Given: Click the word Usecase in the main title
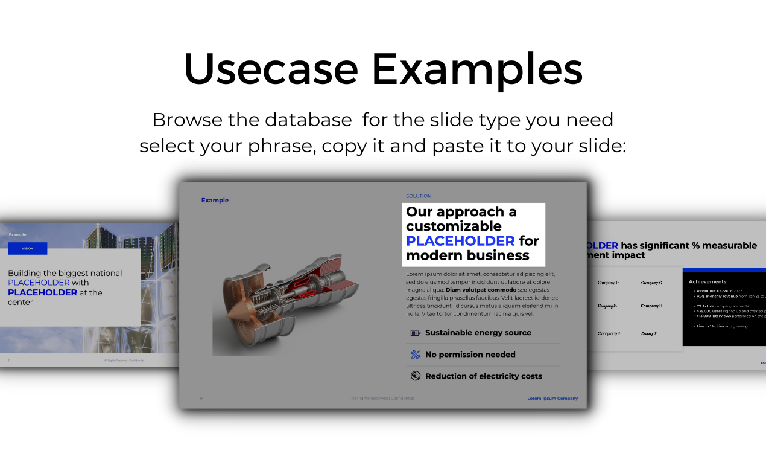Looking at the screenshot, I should pos(271,68).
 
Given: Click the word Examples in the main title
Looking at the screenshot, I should pos(476,68).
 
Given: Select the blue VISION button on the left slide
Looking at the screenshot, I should pos(27,248).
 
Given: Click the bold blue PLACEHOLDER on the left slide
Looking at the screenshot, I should pos(42,292).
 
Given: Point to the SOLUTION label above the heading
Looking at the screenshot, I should pos(419,196).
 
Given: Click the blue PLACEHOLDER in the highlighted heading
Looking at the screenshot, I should pos(460,241).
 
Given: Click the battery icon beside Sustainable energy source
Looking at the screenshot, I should pos(416,333).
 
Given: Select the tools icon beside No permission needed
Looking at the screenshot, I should pos(416,355).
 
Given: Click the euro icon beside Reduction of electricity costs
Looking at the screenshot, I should pos(416,376).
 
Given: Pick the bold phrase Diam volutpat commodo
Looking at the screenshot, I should pos(481,290).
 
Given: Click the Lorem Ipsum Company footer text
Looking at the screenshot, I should pos(552,399).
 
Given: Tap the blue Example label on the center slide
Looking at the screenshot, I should pos(215,201).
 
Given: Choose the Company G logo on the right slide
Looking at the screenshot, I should pos(651,283).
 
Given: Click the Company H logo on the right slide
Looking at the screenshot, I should pos(651,306).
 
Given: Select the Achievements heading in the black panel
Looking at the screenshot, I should pos(707,281).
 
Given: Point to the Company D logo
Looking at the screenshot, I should pos(608,283).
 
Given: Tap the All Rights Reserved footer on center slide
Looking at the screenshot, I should pos(382,399).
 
